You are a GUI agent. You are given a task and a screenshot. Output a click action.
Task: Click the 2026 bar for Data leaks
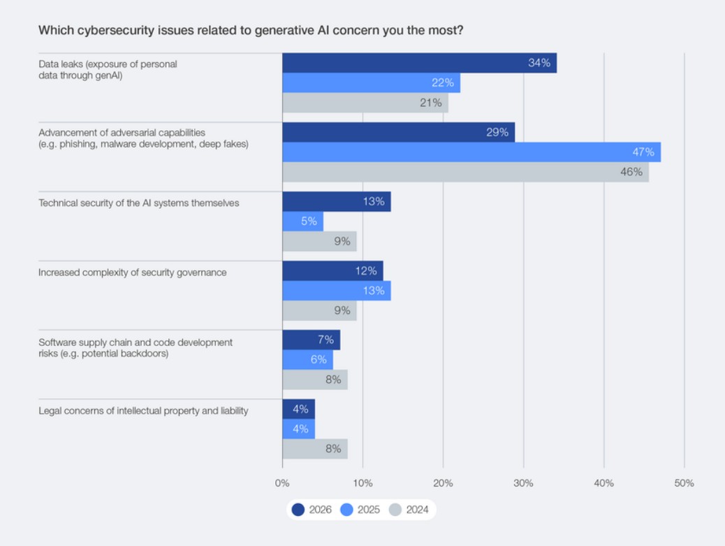419,63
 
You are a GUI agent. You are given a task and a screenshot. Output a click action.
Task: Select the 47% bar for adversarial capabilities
471,152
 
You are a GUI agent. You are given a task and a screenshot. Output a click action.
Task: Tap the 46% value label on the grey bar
631,172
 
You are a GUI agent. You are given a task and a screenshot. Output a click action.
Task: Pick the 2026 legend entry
312,510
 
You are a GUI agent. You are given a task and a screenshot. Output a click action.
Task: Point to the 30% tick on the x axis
523,483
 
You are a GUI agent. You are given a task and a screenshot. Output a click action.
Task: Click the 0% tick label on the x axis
282,483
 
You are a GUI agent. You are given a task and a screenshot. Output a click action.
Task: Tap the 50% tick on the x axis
684,483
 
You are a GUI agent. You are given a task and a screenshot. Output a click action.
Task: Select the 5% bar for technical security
302,222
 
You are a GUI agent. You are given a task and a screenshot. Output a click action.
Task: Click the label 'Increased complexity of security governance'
132,273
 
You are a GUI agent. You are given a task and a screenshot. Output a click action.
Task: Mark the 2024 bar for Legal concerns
314,449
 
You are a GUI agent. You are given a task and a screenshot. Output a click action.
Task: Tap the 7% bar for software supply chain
311,340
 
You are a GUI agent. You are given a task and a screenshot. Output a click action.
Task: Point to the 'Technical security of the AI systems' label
138,203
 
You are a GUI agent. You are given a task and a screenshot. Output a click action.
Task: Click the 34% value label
539,63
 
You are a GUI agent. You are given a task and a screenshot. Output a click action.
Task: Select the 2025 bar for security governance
336,291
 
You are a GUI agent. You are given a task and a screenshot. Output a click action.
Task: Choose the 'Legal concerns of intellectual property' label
143,411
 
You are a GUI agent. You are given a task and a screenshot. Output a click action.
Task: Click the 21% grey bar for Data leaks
365,103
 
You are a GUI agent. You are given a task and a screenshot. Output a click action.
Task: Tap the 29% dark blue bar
398,132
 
